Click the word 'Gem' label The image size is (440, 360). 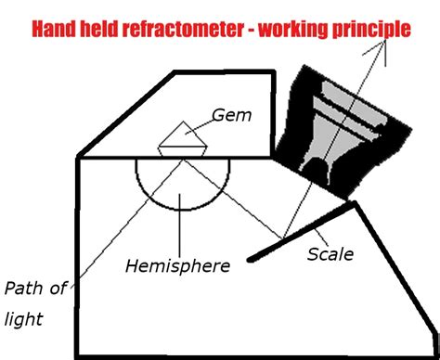coord(230,116)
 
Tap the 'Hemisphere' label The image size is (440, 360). coord(177,266)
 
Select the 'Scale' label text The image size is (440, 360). coord(330,253)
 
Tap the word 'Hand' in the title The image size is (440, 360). coord(55,30)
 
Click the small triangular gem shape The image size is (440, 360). coord(182,136)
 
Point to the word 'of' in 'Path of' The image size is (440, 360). coord(58,288)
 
